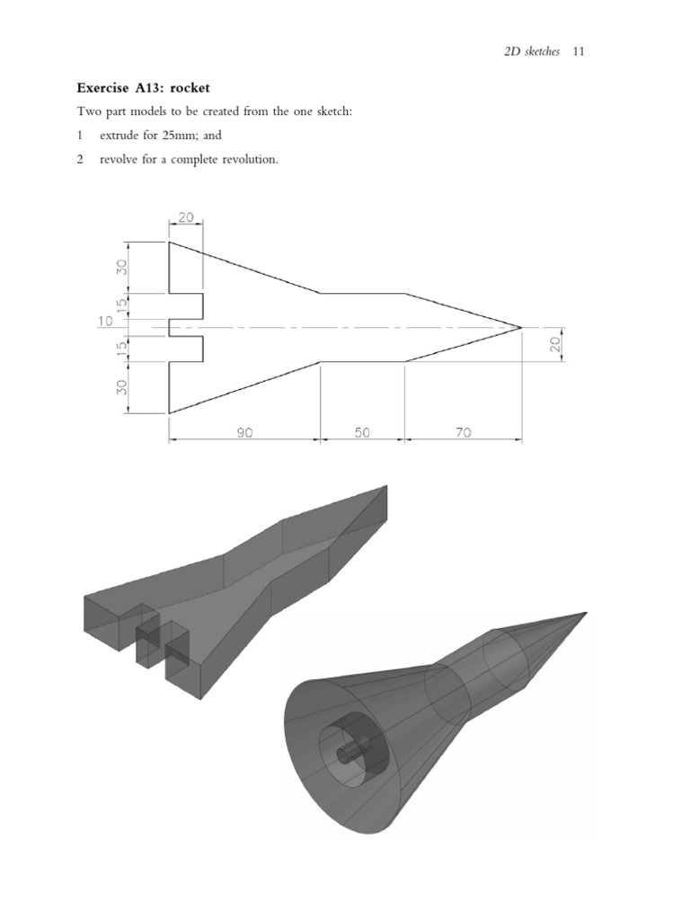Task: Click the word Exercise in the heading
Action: (102, 88)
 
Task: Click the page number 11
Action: (578, 51)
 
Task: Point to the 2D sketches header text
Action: (532, 51)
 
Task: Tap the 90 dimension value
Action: (244, 432)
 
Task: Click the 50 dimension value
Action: (362, 432)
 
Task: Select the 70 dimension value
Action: (463, 432)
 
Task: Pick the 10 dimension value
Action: (105, 322)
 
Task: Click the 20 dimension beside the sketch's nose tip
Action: (555, 344)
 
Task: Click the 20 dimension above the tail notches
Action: (185, 217)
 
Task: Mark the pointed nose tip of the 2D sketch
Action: (521, 328)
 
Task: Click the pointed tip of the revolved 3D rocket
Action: (585, 613)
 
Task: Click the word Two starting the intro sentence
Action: (87, 112)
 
